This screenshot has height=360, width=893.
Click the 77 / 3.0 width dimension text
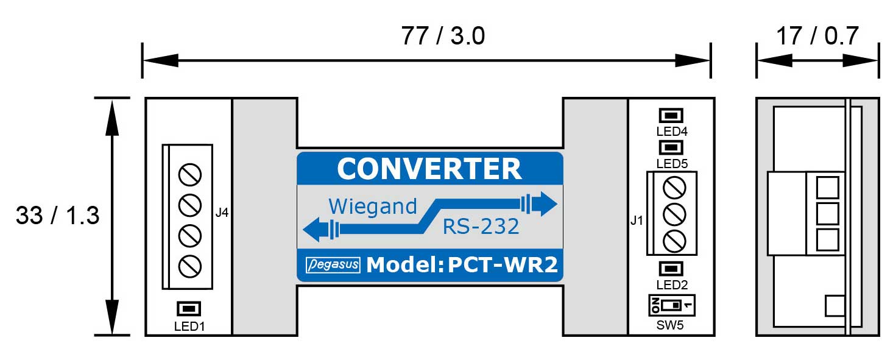click(443, 37)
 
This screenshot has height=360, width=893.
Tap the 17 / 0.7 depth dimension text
click(817, 37)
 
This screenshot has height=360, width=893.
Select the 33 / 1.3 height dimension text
click(57, 216)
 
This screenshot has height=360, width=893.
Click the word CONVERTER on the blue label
click(429, 169)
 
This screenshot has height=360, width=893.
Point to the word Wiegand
click(373, 206)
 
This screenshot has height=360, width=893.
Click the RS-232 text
click(481, 227)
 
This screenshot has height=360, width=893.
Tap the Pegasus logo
click(333, 265)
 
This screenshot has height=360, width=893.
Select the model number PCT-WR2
click(503, 265)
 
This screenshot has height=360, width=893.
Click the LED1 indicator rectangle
click(189, 309)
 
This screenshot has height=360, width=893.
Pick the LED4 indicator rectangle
click(671, 115)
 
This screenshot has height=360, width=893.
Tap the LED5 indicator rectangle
click(671, 147)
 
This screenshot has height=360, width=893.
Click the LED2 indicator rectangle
click(671, 269)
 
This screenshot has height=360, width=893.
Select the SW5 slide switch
click(671, 304)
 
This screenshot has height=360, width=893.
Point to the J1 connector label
click(637, 221)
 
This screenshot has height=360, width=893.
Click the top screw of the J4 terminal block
click(189, 175)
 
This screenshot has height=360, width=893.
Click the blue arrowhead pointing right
click(547, 203)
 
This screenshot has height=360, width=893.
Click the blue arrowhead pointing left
click(313, 230)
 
